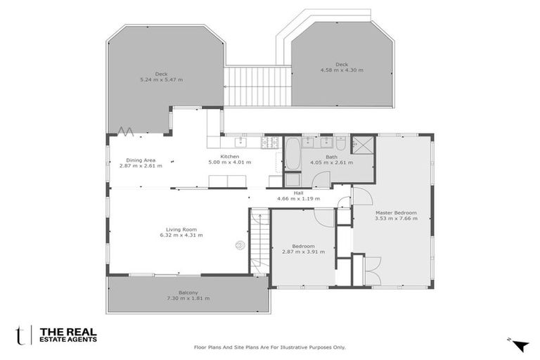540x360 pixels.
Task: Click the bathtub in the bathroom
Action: pos(292,154)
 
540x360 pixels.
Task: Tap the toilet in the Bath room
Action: pos(340,143)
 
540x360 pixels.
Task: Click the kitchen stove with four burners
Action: pos(269,143)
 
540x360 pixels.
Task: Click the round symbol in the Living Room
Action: pos(240,245)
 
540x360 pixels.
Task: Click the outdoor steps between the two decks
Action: pos(257,86)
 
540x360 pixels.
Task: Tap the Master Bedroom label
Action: pos(395,212)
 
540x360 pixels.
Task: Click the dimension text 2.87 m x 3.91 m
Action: pos(303,252)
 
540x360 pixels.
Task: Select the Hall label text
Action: pos(298,192)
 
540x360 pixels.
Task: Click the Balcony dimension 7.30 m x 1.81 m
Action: pos(188,298)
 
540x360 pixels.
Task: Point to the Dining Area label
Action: pos(141,160)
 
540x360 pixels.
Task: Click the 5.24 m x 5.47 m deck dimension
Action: pos(161,79)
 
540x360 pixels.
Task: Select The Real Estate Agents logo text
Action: pos(67,335)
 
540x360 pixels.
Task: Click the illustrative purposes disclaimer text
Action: pos(269,347)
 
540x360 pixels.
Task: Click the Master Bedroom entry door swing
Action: pos(361,195)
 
